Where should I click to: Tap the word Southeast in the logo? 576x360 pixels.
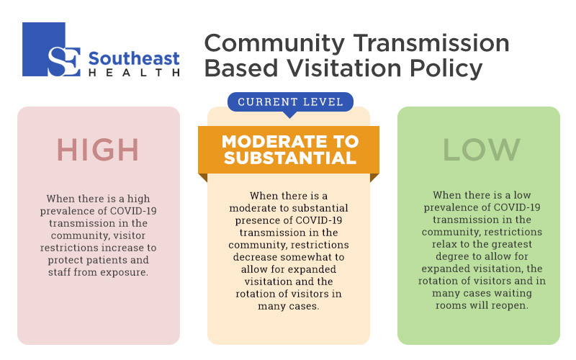coord(134,59)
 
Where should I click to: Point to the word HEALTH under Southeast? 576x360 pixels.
coord(134,73)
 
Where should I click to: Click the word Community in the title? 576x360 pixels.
coord(274,44)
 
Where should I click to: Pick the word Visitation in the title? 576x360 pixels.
coord(344,68)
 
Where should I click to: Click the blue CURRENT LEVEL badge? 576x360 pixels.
coord(290,102)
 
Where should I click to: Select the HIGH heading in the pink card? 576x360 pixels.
coord(98,150)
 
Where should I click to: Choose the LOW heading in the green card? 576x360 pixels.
coord(482,150)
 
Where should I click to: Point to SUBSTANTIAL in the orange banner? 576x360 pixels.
coord(290,158)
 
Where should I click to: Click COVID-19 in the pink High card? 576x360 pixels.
coord(133,211)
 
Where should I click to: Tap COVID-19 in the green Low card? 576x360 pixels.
coord(517,207)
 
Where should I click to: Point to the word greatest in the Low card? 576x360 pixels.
coord(510,245)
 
